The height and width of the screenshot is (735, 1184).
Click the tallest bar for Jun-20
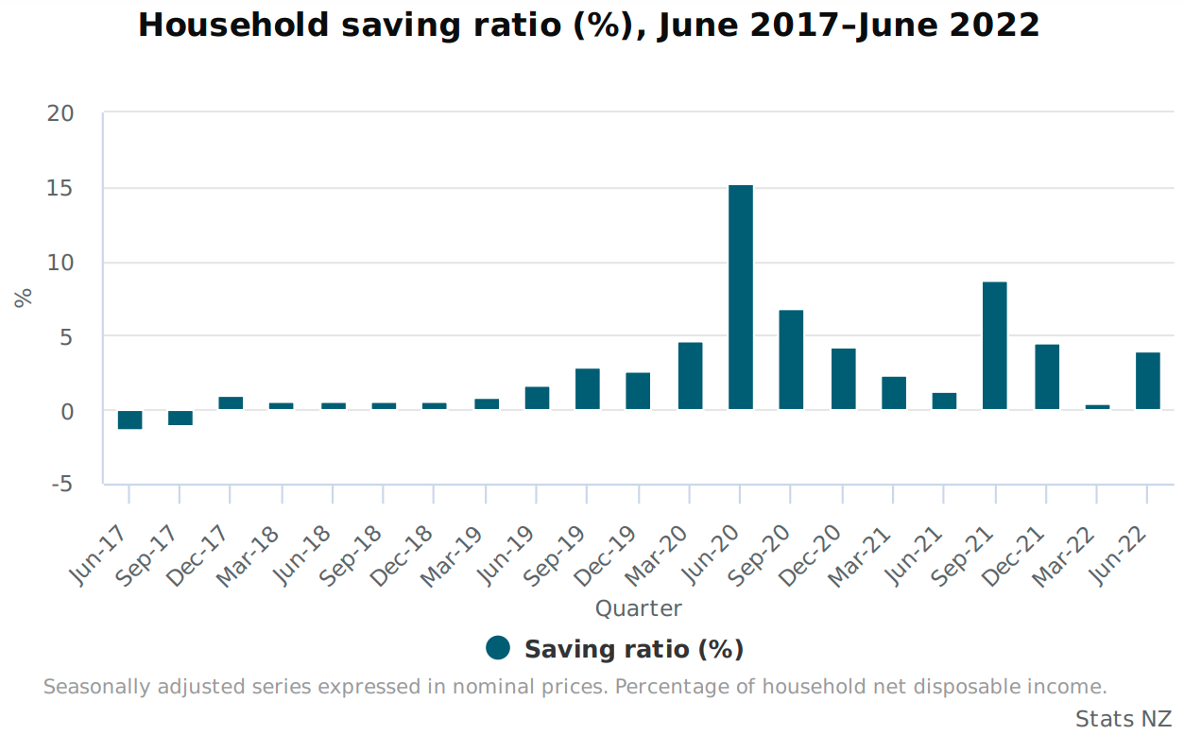740,297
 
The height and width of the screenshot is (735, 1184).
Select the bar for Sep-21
994,346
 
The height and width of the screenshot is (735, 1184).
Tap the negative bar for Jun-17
129,419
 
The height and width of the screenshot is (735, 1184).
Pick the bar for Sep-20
791,360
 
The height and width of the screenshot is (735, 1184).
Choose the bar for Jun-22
1147,381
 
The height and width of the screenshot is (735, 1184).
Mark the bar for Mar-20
690,376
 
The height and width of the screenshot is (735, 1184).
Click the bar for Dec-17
231,403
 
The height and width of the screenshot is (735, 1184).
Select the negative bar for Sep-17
180,418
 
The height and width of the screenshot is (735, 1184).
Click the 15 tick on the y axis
60,188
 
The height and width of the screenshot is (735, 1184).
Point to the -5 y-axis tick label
60,485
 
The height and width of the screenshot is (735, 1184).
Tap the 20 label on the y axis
60,113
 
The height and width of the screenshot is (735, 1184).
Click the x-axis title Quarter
638,608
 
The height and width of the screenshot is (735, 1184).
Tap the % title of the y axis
24,297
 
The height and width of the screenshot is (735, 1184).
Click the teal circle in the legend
498,648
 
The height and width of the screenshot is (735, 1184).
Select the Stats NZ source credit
1123,719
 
